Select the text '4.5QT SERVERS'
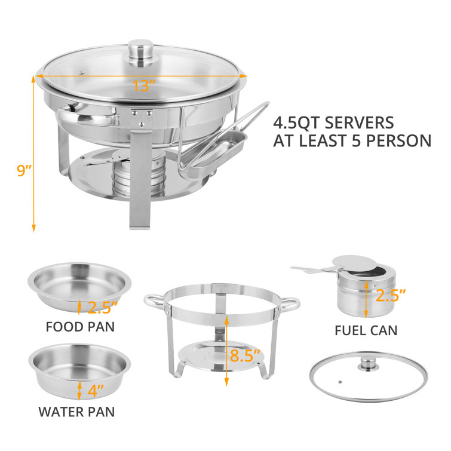(333, 123)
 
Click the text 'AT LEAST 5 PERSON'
(352, 141)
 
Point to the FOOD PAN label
(79, 327)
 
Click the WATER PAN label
(76, 411)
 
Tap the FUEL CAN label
(366, 330)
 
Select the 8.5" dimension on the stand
(246, 357)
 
